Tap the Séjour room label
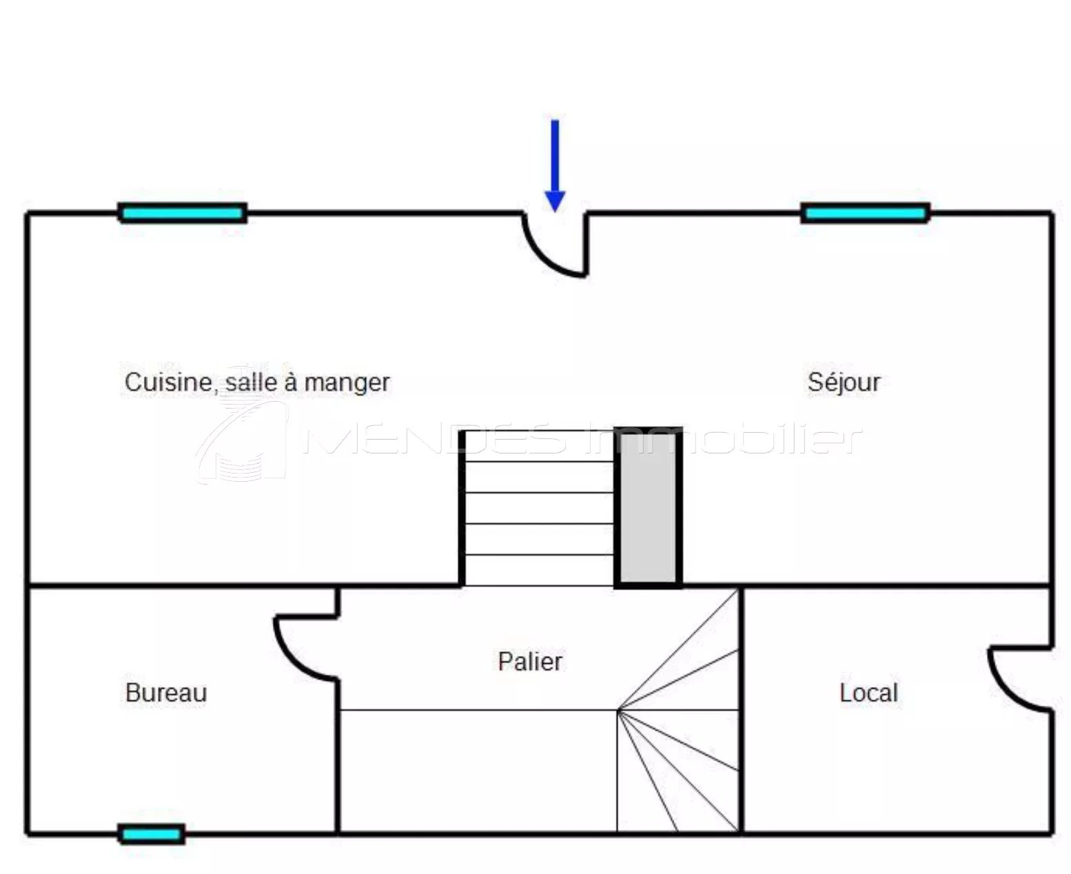tap(844, 382)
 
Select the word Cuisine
tap(167, 382)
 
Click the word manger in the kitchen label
tap(347, 383)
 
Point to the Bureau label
tap(166, 692)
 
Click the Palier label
tap(530, 661)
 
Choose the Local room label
tap(868, 692)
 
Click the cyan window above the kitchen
tap(183, 213)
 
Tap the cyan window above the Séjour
tap(865, 213)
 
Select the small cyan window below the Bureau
tap(152, 834)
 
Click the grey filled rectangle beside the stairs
tap(649, 507)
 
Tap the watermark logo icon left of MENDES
tap(241, 441)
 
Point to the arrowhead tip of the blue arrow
tap(555, 209)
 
